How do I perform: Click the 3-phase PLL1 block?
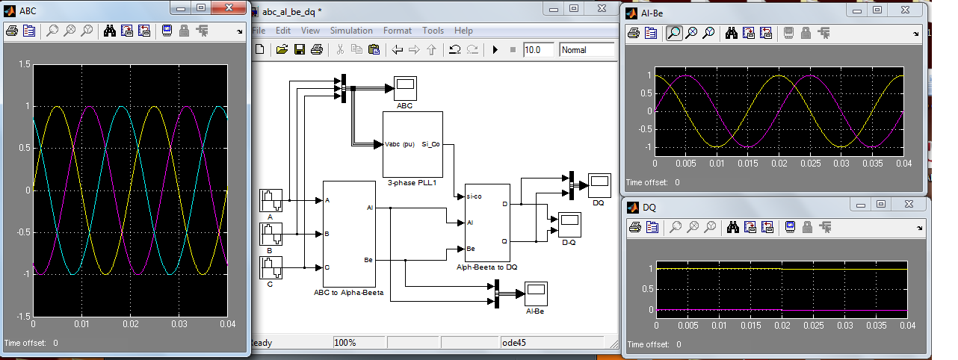pos(412,144)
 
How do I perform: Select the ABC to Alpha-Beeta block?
pos(349,234)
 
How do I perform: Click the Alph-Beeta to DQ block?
pos(487,223)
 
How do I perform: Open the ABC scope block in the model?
pos(405,88)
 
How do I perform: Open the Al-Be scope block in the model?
pos(536,294)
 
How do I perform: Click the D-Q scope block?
pos(569,225)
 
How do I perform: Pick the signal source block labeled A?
pos(271,200)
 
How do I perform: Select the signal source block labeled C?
pos(271,268)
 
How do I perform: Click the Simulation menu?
pos(351,31)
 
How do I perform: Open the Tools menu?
pos(433,31)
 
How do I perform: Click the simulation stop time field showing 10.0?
pos(539,50)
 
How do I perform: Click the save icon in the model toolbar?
pos(300,49)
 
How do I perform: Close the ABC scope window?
pos(229,7)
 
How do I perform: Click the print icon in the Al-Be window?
pos(634,33)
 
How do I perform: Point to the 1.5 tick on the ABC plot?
pos(25,64)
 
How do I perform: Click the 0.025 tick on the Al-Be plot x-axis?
pos(811,164)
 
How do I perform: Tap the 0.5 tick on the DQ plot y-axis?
pos(647,289)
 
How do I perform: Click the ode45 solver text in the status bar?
pos(514,343)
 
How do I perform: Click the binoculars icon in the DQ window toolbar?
pos(732,228)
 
